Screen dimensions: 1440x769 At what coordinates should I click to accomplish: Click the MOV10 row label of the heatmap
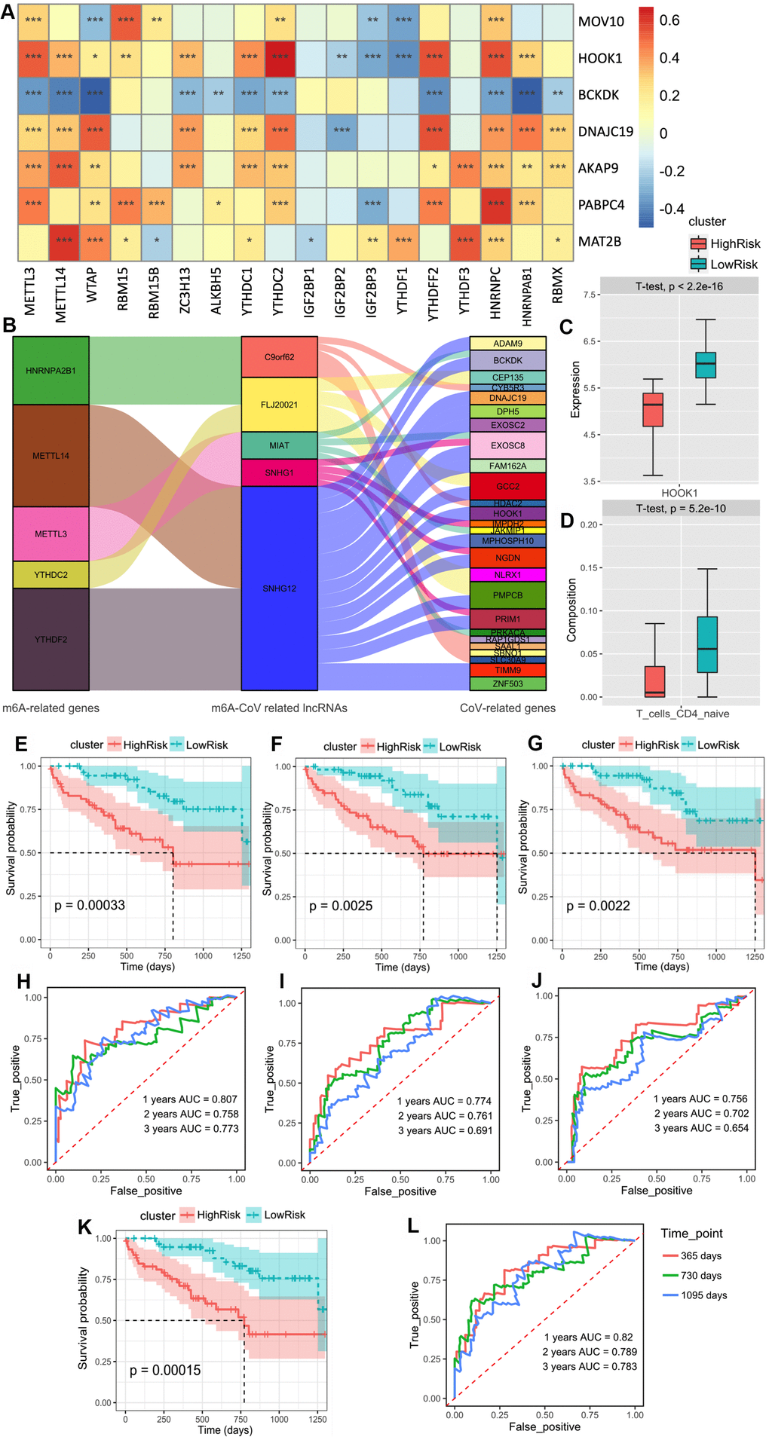point(601,21)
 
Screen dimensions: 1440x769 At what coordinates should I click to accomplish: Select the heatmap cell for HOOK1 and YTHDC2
point(280,57)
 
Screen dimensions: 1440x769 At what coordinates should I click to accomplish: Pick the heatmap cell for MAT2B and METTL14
point(64,241)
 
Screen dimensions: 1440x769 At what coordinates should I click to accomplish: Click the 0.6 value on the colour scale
point(669,20)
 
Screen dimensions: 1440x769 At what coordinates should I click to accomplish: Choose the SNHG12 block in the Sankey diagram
point(279,589)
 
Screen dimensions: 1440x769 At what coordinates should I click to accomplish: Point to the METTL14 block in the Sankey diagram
point(51,456)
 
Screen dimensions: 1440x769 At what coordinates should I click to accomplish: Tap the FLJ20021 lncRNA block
point(279,405)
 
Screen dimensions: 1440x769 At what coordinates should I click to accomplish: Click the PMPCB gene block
point(507,595)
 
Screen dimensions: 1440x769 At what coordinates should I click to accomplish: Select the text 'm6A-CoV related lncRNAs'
point(279,708)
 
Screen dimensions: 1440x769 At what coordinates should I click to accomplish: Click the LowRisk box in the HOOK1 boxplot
point(706,365)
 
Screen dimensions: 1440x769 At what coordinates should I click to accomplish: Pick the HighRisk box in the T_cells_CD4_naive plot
point(655,681)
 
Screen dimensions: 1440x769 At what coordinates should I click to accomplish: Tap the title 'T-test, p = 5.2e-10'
point(680,509)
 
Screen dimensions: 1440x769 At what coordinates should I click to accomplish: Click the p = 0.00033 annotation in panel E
point(90,905)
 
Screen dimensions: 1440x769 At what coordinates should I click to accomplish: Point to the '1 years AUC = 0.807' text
point(190,1099)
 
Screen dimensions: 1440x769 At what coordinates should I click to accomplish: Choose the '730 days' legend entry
point(701,1275)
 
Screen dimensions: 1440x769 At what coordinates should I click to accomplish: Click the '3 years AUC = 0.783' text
point(590,1366)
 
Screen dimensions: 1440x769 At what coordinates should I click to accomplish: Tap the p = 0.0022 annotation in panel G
point(598,906)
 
